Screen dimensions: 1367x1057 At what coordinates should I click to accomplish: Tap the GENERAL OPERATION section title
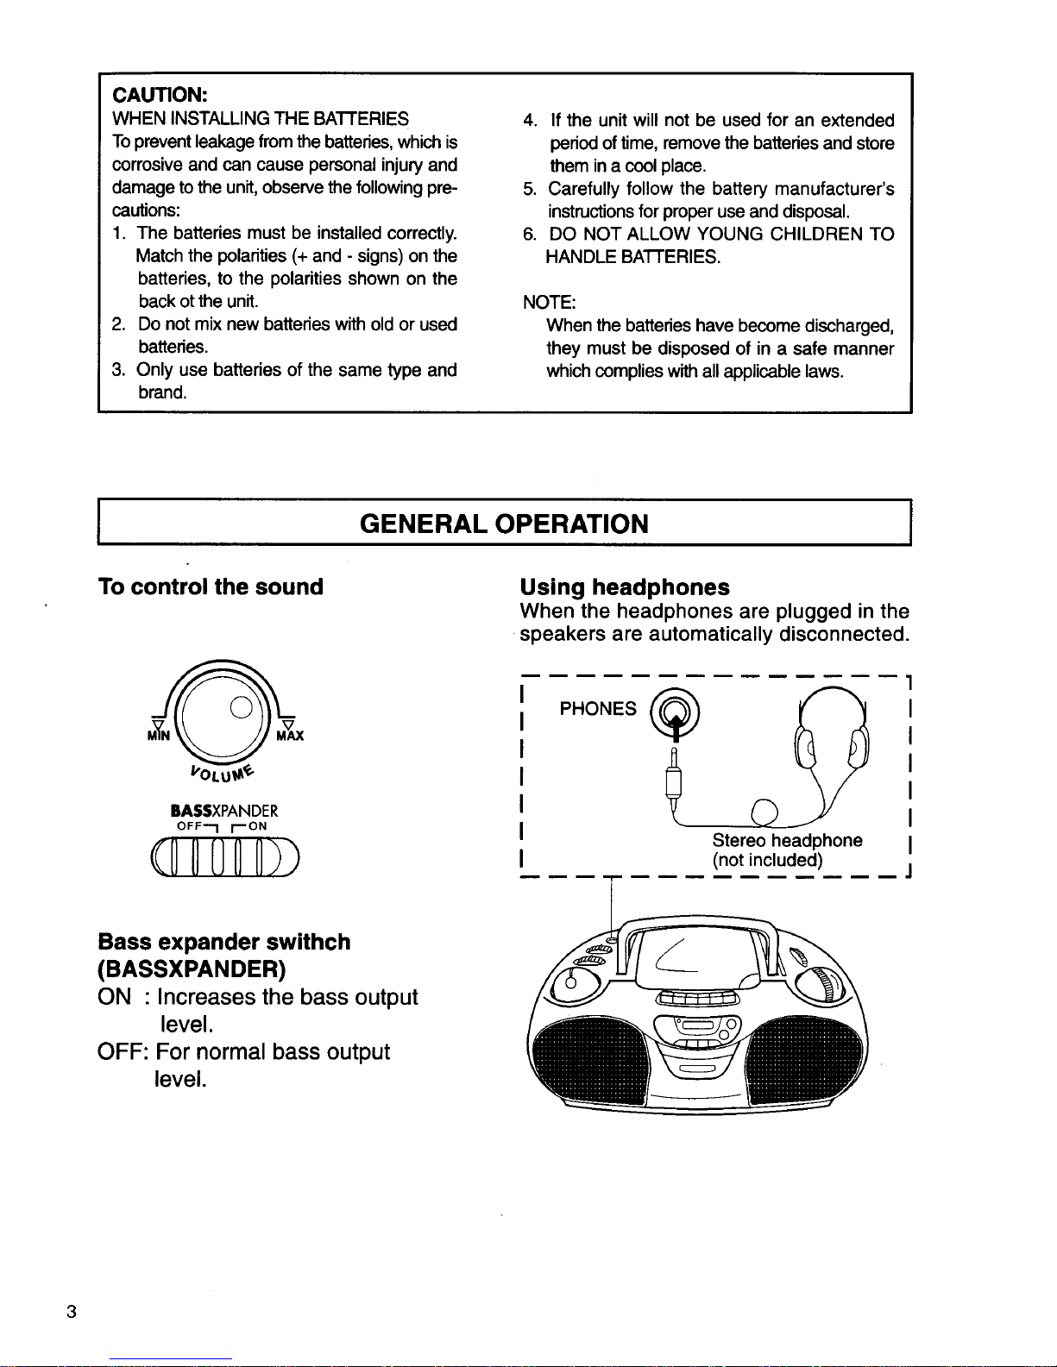pos(504,524)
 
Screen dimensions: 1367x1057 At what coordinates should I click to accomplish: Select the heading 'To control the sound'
pos(211,587)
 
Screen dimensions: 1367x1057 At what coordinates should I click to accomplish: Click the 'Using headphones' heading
pos(624,587)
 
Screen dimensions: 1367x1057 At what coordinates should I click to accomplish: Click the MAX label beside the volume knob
pos(290,736)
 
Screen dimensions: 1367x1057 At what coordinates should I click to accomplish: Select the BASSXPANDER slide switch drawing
pos(223,857)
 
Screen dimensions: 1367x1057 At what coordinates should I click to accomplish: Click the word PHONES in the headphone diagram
pos(598,709)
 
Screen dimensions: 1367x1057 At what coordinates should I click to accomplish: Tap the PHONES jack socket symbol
pos(676,712)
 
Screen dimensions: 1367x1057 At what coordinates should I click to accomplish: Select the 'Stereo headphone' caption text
pos(787,841)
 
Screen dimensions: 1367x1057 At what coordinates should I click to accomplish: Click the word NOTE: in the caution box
pos(549,303)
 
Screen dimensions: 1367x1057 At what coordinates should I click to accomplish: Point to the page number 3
pos(72,1312)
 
